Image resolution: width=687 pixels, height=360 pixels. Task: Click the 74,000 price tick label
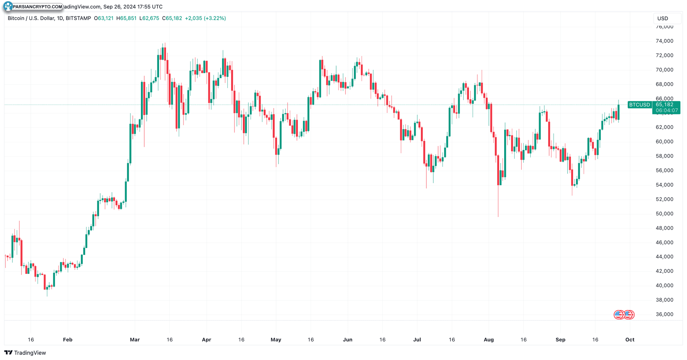point(664,41)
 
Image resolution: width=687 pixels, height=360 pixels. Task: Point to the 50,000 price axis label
point(664,214)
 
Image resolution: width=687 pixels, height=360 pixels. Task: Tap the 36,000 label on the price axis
point(664,314)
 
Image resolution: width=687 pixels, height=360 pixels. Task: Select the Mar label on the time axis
point(135,340)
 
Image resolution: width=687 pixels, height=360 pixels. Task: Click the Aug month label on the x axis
point(489,340)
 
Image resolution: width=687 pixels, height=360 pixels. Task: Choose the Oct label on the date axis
point(630,340)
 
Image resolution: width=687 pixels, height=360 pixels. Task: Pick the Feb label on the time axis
point(68,340)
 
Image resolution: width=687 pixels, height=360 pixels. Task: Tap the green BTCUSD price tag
point(639,105)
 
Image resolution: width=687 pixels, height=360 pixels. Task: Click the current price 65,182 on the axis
point(665,105)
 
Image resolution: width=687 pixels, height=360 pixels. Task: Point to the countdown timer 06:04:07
point(667,110)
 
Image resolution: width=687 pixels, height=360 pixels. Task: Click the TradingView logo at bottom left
point(25,353)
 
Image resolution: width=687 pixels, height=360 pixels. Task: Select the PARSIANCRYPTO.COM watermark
point(34,6)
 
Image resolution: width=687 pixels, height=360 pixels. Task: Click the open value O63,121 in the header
point(104,18)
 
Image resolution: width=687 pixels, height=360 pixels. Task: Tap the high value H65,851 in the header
point(126,18)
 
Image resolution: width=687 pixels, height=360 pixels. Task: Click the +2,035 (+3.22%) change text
point(205,18)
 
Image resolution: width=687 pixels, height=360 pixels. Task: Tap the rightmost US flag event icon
point(629,315)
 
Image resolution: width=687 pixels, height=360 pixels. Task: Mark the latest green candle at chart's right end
point(619,112)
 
